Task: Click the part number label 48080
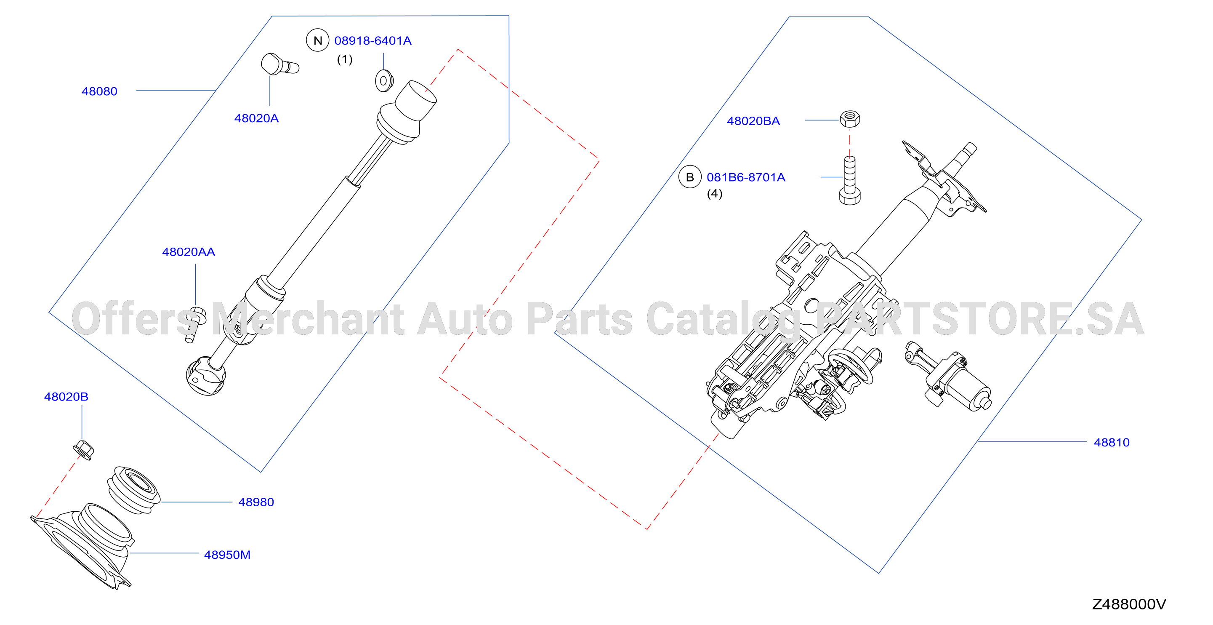click(x=99, y=91)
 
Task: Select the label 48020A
click(x=257, y=118)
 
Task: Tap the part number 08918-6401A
click(x=373, y=41)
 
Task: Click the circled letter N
click(x=318, y=40)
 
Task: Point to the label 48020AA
click(x=189, y=252)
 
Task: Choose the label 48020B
click(x=67, y=397)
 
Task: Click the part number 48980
click(x=256, y=502)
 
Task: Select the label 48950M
click(x=227, y=555)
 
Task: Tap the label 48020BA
click(x=753, y=121)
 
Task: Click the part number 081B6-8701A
click(x=746, y=178)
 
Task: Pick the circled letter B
click(x=690, y=177)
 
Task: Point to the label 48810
click(x=1112, y=443)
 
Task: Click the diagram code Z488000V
click(x=1129, y=604)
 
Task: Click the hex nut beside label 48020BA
click(x=850, y=118)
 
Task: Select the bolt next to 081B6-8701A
click(x=850, y=181)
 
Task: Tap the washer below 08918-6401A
click(x=384, y=81)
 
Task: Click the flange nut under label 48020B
click(x=84, y=450)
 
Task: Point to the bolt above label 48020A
click(x=280, y=64)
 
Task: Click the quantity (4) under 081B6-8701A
click(x=715, y=194)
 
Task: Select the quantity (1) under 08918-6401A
click(x=345, y=59)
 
